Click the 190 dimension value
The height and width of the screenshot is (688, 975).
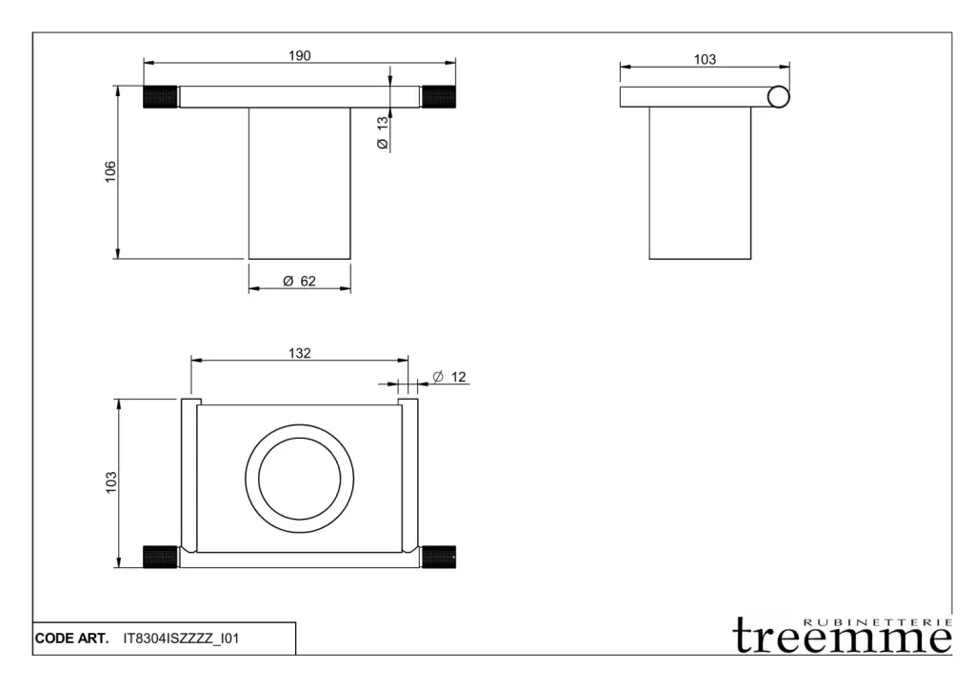(299, 55)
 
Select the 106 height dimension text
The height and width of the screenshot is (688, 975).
(110, 171)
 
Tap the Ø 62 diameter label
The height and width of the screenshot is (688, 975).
(300, 281)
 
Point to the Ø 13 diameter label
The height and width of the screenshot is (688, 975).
(383, 132)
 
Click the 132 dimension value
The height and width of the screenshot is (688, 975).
(299, 353)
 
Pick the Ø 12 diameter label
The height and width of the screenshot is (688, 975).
(449, 377)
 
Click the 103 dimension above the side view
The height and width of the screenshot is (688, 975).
(705, 59)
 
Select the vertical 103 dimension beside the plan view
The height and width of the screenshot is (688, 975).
(110, 482)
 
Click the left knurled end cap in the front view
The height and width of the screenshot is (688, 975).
(160, 97)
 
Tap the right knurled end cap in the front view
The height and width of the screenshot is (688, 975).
(439, 97)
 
